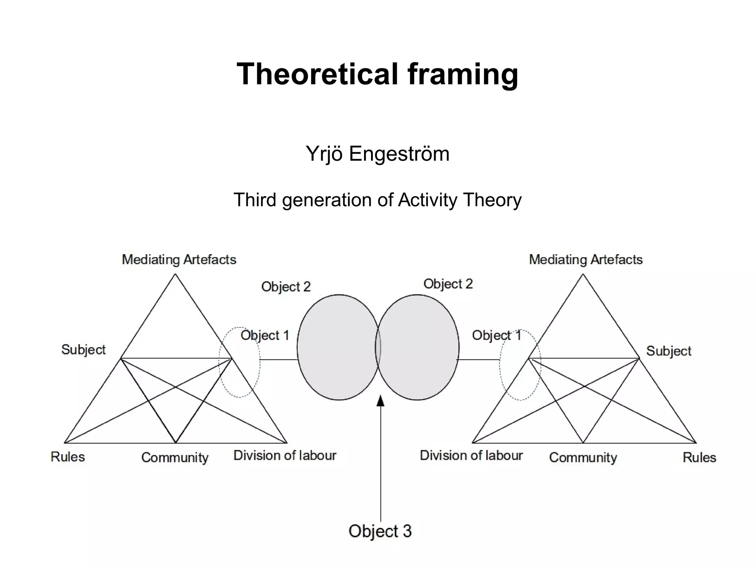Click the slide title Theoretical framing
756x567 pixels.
coord(377,74)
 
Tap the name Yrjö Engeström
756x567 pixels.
coord(377,154)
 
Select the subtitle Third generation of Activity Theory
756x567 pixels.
coord(377,200)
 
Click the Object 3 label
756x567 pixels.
coord(380,531)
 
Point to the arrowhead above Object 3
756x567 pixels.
coord(380,401)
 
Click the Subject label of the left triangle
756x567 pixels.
coord(83,349)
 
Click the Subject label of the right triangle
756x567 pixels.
coord(669,351)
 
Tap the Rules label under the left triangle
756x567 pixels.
coord(68,457)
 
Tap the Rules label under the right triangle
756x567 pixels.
coord(699,457)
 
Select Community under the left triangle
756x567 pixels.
coord(175,458)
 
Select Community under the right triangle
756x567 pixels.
coord(583,458)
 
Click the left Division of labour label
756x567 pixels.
coord(285,455)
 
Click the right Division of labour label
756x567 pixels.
coord(471,455)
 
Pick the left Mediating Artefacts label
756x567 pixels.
coord(179,260)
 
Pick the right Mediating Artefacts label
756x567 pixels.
coord(586,260)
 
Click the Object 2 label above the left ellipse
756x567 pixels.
coord(286,287)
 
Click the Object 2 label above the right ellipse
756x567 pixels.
coord(448,284)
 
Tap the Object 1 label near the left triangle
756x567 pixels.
coord(265,335)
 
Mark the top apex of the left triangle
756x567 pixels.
coord(175,274)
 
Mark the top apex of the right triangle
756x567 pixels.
coord(583,274)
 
